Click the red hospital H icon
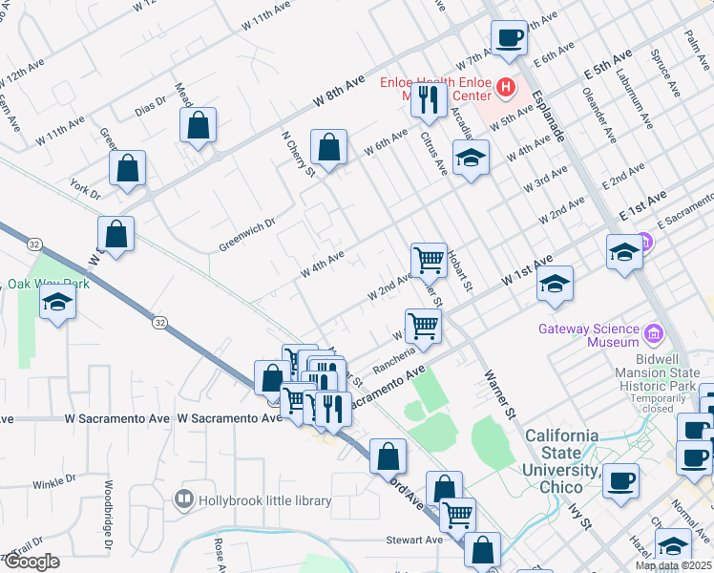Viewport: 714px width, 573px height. pyautogui.click(x=505, y=90)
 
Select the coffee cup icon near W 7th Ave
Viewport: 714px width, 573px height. pyautogui.click(x=509, y=37)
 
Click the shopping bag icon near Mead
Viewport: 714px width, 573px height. pyautogui.click(x=198, y=125)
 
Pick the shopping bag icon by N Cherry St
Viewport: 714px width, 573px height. pyautogui.click(x=327, y=148)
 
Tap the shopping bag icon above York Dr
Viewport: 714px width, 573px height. pyautogui.click(x=127, y=168)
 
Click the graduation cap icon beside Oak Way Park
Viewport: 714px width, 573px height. pyautogui.click(x=57, y=303)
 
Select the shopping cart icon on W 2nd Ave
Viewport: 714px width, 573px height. pyautogui.click(x=429, y=259)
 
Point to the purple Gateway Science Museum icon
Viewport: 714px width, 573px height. pyautogui.click(x=653, y=333)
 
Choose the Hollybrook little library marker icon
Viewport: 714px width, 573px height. pyautogui.click(x=183, y=499)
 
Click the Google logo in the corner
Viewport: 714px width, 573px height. pyautogui.click(x=31, y=562)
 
